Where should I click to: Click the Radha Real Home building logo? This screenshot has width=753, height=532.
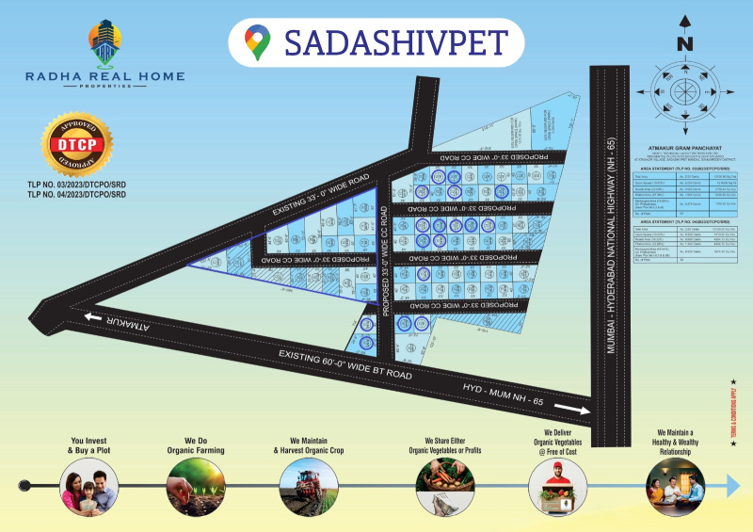(105, 44)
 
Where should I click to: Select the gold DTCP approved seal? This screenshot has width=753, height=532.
(78, 146)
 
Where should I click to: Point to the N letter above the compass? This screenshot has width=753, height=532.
(685, 43)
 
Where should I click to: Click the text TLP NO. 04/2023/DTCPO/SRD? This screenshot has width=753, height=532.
(78, 195)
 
